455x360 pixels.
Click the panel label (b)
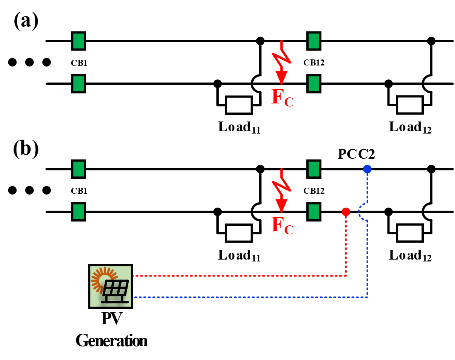pos(26,150)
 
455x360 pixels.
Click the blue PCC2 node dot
pos(367,169)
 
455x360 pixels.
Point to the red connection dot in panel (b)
pos(346,212)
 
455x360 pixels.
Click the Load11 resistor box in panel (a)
pos(239,105)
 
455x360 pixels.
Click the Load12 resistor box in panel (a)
pos(409,105)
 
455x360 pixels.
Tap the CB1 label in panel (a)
pos(79,63)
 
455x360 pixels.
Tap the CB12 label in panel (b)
pos(314,191)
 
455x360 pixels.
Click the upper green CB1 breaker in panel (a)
pos(79,40)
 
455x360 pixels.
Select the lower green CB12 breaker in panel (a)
pos(314,83)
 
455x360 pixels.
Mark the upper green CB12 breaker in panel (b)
pos(314,169)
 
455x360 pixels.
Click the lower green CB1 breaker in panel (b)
pos(79,211)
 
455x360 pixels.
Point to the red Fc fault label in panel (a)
pos(282,99)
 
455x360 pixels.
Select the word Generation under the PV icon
pos(111,341)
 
